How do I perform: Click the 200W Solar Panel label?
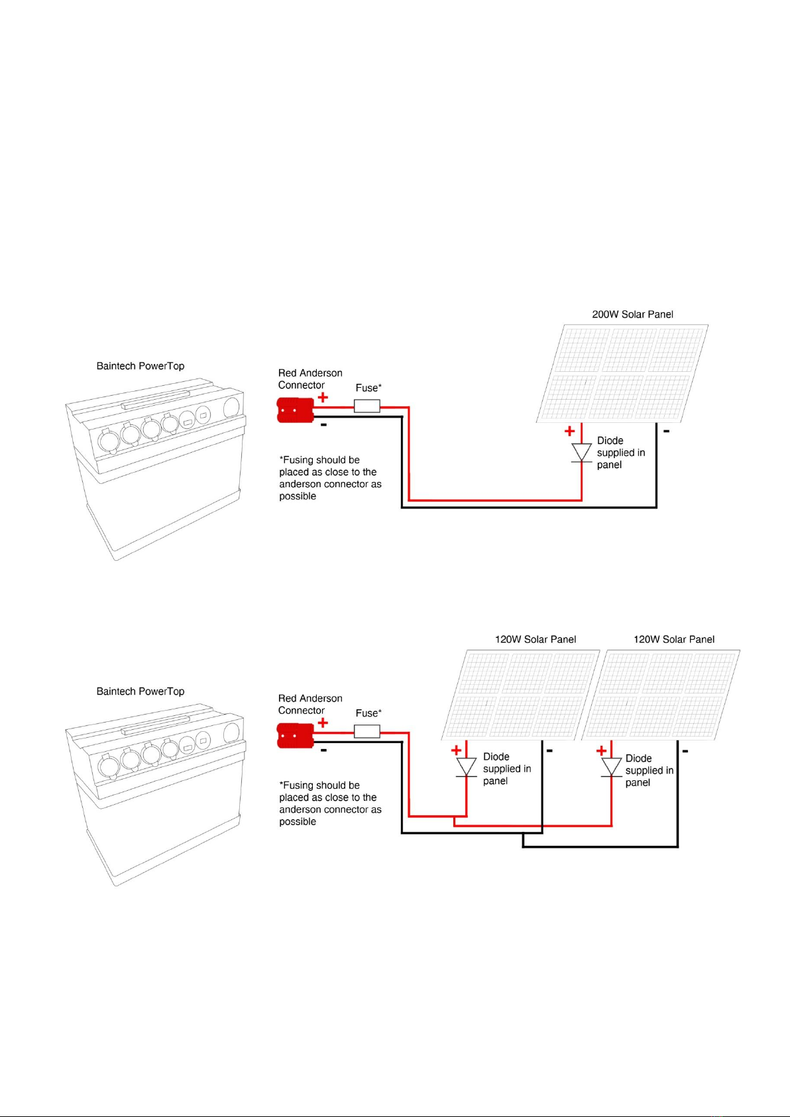pyautogui.click(x=632, y=314)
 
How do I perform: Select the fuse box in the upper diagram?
pyautogui.click(x=367, y=406)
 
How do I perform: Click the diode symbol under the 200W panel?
pyautogui.click(x=581, y=453)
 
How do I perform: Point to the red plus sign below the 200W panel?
pyautogui.click(x=569, y=431)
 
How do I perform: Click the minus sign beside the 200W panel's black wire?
pyautogui.click(x=666, y=432)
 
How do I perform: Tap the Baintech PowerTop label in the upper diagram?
pyautogui.click(x=141, y=366)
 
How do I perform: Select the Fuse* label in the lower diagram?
pyautogui.click(x=368, y=713)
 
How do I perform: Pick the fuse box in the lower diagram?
pyautogui.click(x=367, y=731)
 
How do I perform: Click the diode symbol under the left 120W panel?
pyautogui.click(x=467, y=767)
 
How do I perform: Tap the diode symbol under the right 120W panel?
pyautogui.click(x=611, y=767)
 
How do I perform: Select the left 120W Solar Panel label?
pyautogui.click(x=536, y=640)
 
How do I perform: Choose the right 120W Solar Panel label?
pyautogui.click(x=674, y=640)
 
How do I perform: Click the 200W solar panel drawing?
pyautogui.click(x=623, y=373)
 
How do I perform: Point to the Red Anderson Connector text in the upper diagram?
pyautogui.click(x=310, y=379)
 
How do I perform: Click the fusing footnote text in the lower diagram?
pyautogui.click(x=329, y=803)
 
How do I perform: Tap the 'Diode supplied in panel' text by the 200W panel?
pyautogui.click(x=620, y=453)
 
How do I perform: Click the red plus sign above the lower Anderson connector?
pyautogui.click(x=323, y=723)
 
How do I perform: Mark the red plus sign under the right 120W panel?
pyautogui.click(x=601, y=750)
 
